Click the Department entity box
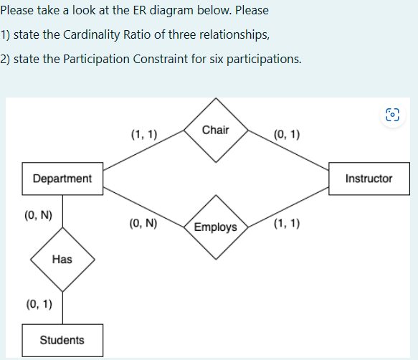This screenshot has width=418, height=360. click(62, 178)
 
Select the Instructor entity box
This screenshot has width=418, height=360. click(369, 178)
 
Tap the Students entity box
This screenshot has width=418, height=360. click(62, 340)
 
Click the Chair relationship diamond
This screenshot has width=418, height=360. click(216, 130)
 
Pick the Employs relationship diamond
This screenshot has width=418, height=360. click(215, 227)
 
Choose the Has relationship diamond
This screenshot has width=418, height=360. click(62, 259)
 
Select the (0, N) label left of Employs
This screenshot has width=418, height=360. click(144, 223)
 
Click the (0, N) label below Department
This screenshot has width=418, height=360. click(38, 214)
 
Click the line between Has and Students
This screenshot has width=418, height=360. click(62, 307)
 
